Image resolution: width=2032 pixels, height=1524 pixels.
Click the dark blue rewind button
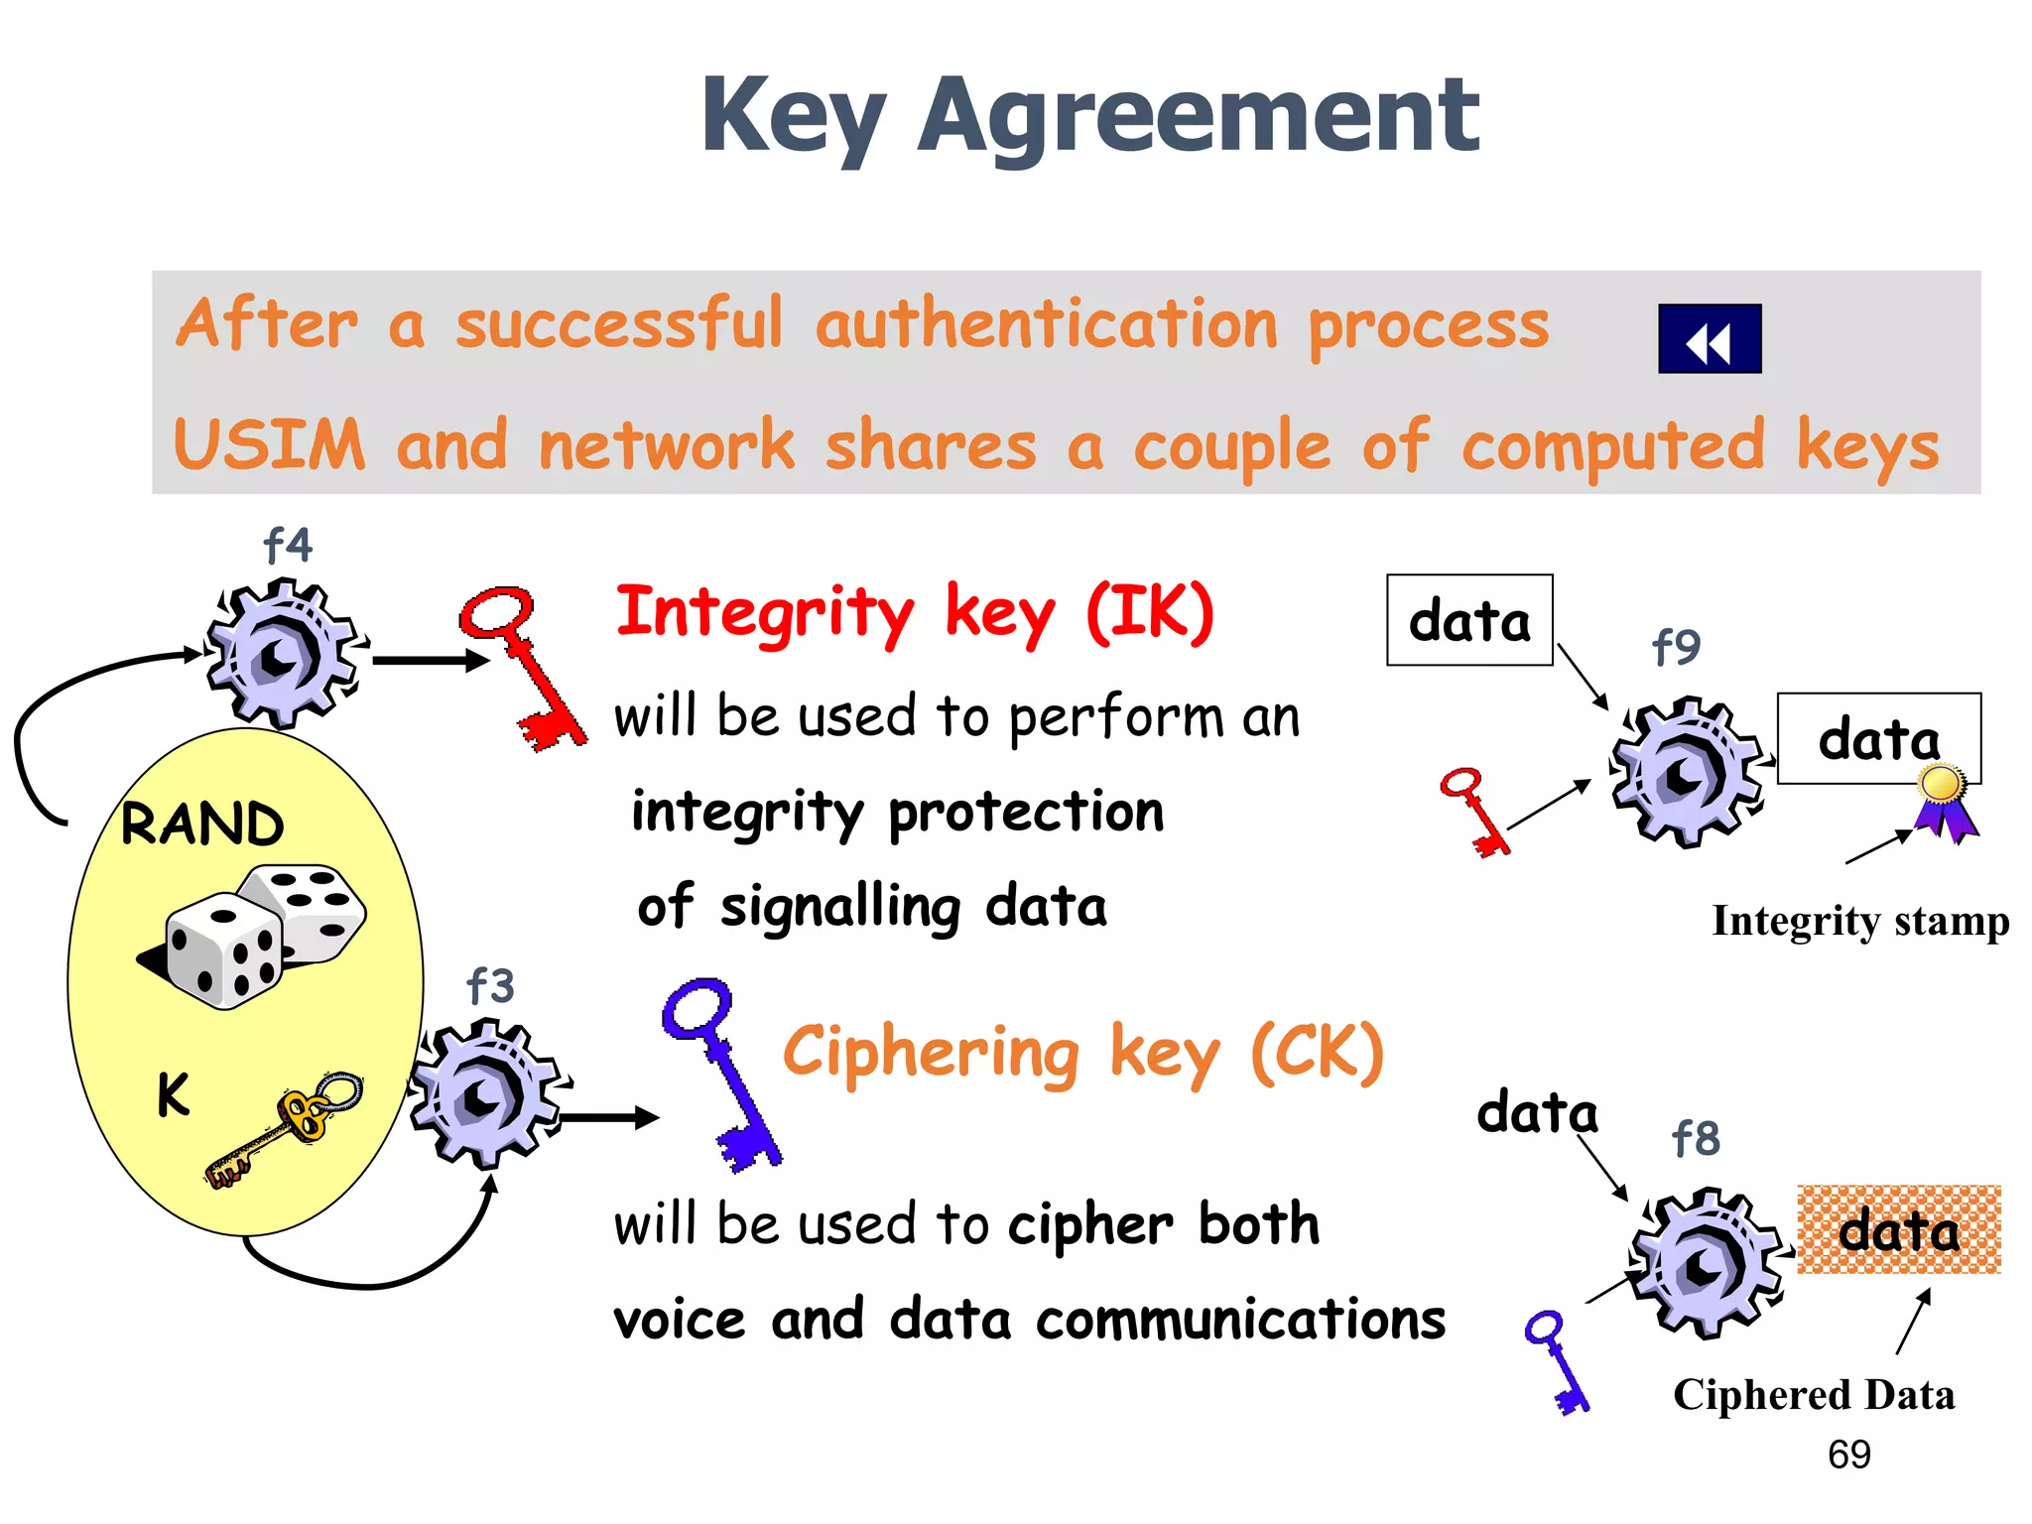click(1709, 339)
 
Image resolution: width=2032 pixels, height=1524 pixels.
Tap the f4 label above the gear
click(288, 545)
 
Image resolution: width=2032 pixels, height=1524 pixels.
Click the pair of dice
click(258, 933)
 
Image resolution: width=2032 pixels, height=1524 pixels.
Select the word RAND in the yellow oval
click(202, 824)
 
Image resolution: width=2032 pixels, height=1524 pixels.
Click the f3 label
click(490, 986)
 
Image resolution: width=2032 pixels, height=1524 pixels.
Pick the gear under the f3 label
click(486, 1093)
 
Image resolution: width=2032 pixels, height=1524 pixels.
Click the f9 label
click(1676, 647)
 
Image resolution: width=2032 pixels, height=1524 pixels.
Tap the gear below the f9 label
click(1686, 773)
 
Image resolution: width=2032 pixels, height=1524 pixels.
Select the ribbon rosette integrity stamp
click(1945, 801)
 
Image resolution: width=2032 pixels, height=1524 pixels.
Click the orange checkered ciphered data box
click(1898, 1230)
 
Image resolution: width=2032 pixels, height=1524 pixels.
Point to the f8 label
click(1696, 1138)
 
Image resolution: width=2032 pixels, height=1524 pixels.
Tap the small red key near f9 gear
click(1475, 811)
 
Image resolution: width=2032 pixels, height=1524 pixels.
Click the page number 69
click(1848, 1455)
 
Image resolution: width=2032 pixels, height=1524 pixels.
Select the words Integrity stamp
click(1860, 921)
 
